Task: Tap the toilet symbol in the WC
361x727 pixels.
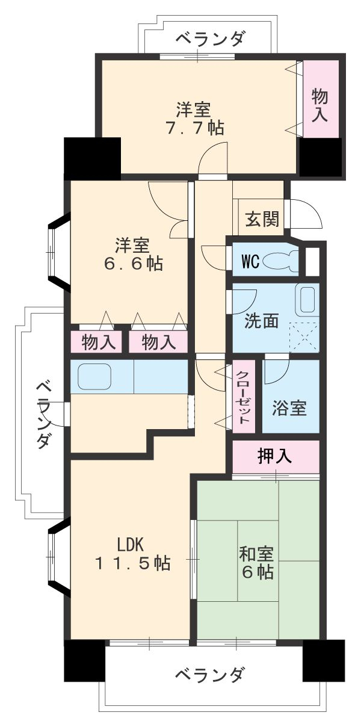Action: coord(280,262)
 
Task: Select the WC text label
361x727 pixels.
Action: coord(250,262)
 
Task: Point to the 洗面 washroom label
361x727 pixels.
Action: coord(261,321)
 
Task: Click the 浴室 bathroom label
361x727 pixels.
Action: coord(289,408)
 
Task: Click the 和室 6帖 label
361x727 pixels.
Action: coord(258,561)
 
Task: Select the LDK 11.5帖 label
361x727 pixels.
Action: coord(131,554)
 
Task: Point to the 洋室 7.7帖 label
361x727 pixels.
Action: coord(194,119)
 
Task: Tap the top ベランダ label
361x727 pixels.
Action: coord(211,39)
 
